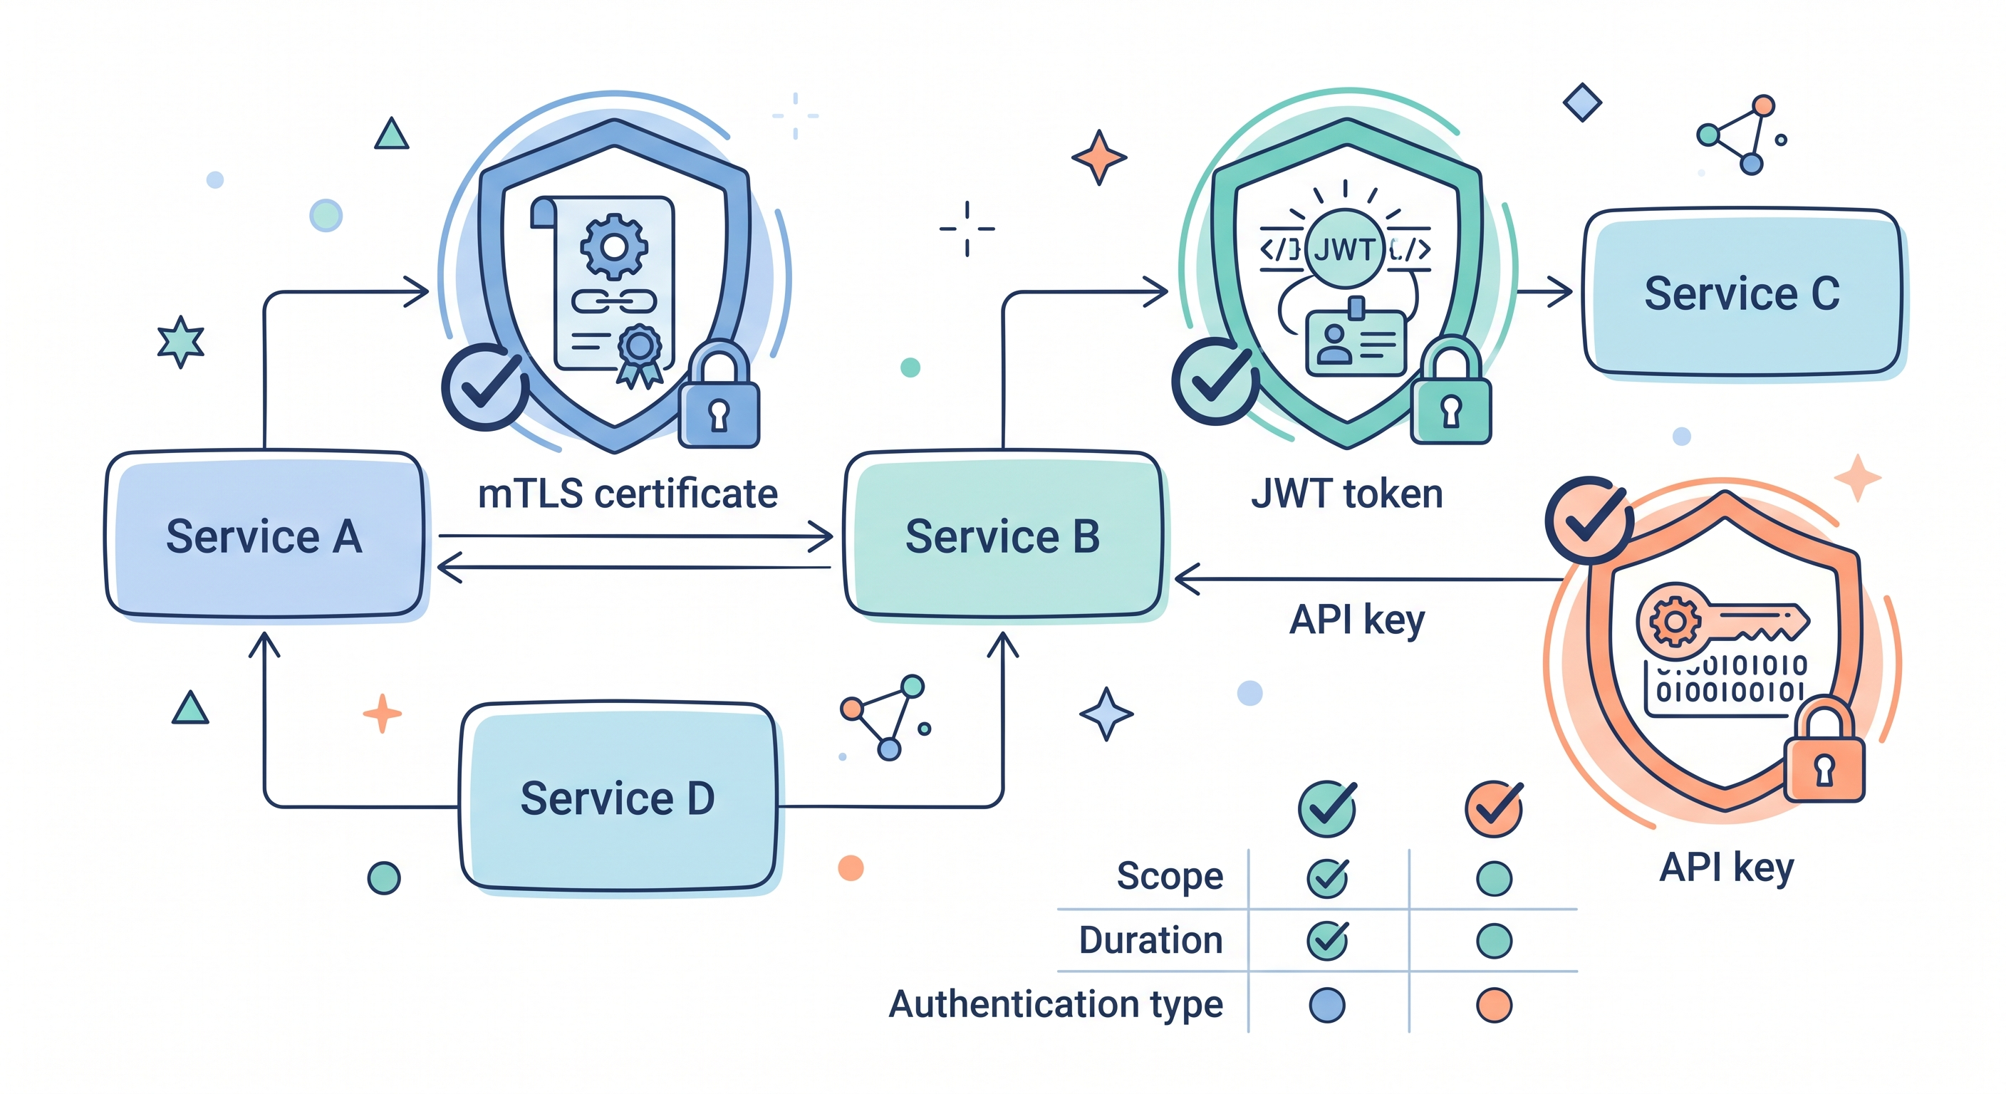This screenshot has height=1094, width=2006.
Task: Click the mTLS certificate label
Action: pos(627,494)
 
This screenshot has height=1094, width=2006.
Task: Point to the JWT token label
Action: pos(1346,494)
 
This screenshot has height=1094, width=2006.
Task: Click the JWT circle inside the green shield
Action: pos(1345,250)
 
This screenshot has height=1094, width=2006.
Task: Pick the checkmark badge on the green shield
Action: pos(1215,380)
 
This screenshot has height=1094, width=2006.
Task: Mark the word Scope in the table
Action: pos(1169,876)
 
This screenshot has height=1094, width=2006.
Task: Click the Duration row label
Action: pos(1150,940)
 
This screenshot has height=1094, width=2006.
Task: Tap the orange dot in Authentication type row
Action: pos(1494,1004)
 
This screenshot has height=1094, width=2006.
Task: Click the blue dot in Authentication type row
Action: pos(1327,1004)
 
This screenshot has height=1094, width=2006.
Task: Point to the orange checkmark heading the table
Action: pos(1494,808)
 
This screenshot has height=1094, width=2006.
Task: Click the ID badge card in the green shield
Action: pos(1356,343)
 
